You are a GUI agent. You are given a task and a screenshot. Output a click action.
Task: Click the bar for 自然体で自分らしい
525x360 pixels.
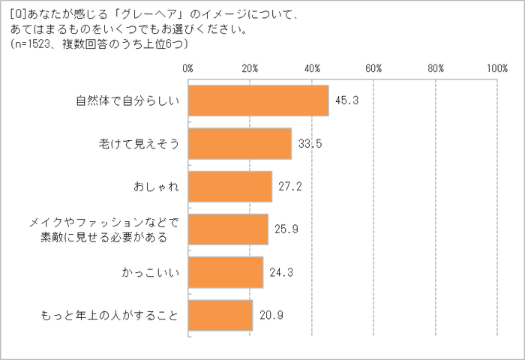click(x=258, y=101)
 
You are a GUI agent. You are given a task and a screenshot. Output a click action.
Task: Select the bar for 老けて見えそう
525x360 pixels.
click(x=240, y=144)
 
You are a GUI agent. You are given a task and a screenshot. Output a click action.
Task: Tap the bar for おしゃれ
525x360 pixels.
click(x=230, y=187)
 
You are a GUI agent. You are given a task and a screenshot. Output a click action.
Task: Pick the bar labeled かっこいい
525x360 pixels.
click(x=226, y=272)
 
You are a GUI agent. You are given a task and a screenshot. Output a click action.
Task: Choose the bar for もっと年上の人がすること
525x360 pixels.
click(x=220, y=315)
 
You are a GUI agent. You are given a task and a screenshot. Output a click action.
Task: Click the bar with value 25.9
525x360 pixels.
click(x=228, y=229)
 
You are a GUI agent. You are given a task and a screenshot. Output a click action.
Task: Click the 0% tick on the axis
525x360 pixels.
click(x=188, y=67)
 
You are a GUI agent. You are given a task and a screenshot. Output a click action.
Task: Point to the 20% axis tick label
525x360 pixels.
click(x=250, y=67)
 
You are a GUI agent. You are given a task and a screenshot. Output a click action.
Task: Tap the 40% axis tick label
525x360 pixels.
click(x=312, y=67)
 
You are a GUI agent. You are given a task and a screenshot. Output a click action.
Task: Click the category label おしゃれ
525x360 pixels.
click(x=156, y=187)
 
